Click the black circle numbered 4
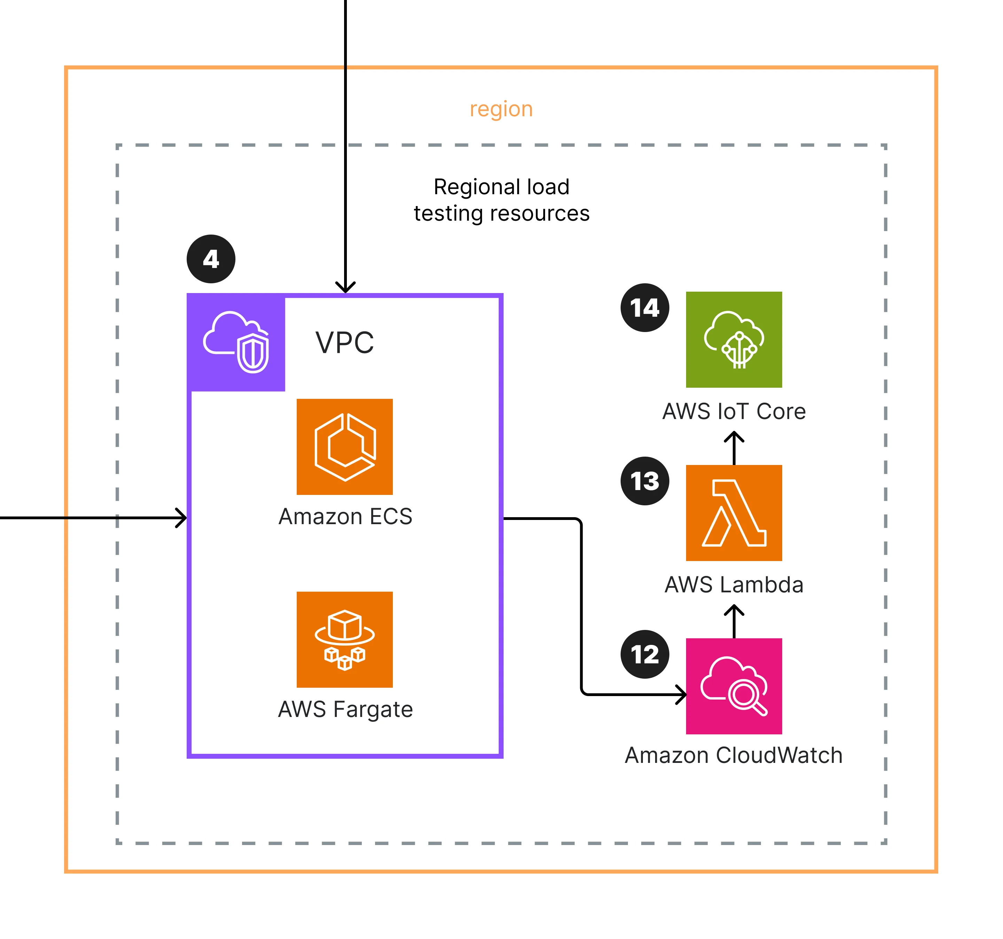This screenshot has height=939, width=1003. click(x=211, y=259)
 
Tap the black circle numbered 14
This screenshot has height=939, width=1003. click(x=645, y=308)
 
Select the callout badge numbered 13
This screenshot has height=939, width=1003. click(x=645, y=481)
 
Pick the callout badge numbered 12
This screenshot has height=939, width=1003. click(x=645, y=654)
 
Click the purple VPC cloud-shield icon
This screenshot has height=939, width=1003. click(x=236, y=342)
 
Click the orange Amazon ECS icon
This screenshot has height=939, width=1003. click(x=344, y=447)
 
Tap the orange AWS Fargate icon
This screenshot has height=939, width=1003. click(x=344, y=639)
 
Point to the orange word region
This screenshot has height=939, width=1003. click(x=501, y=109)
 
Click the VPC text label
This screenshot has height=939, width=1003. click(x=344, y=343)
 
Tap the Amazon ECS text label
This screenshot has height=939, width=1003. click(x=345, y=516)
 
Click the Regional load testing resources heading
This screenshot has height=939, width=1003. click(x=501, y=200)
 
